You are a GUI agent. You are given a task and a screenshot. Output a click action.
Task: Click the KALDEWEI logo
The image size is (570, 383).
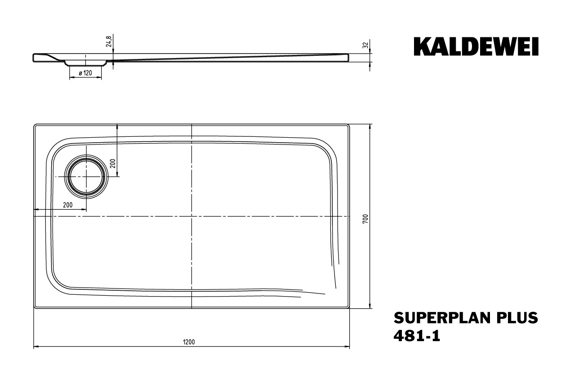click(x=476, y=46)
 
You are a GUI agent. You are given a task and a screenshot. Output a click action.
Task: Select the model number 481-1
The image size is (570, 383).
click(x=417, y=336)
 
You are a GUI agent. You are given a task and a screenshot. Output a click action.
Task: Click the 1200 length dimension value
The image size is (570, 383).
click(x=189, y=342)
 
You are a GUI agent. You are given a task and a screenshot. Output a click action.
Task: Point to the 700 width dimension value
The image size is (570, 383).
click(x=365, y=219)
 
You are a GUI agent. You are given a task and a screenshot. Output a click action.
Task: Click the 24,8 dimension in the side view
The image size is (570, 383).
click(x=109, y=41)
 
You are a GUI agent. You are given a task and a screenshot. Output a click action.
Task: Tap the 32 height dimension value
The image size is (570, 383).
click(x=365, y=45)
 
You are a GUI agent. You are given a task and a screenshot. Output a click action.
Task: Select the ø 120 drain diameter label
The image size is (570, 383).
click(x=85, y=73)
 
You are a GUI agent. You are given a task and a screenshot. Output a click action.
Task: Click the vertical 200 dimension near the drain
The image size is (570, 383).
click(x=113, y=163)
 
